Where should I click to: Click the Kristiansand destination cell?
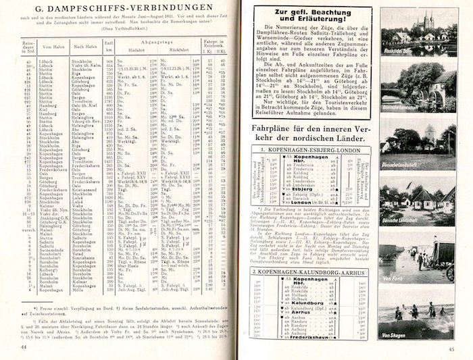(84, 190)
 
